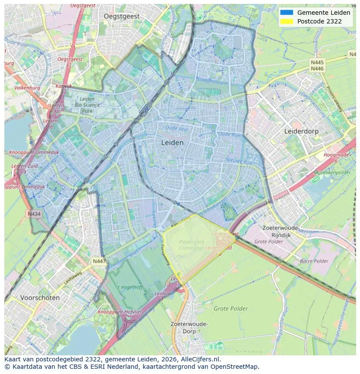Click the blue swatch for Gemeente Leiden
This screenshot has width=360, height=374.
click(287, 13)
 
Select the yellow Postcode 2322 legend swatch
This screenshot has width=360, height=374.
click(287, 21)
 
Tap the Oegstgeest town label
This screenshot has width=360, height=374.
click(122, 16)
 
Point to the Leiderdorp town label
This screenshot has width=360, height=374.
click(301, 131)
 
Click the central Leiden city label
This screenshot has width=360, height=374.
click(172, 142)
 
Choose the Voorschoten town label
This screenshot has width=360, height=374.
click(40, 298)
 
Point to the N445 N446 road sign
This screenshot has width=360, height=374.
click(317, 66)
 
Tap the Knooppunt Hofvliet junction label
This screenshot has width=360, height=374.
click(117, 312)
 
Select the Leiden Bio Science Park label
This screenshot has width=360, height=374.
click(87, 105)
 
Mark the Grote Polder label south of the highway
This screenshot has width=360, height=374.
click(230, 309)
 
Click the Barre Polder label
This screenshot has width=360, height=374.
click(314, 261)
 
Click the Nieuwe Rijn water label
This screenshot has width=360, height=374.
click(239, 162)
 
